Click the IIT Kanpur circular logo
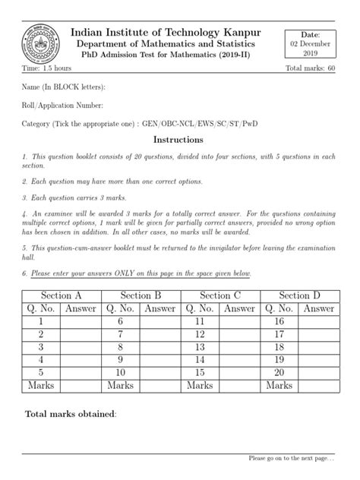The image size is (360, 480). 39,39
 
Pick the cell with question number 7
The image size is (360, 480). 120,334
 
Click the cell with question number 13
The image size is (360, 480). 199,347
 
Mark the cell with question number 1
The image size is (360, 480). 42,321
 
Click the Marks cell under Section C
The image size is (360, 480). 200,386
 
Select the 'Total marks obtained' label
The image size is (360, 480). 71,415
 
